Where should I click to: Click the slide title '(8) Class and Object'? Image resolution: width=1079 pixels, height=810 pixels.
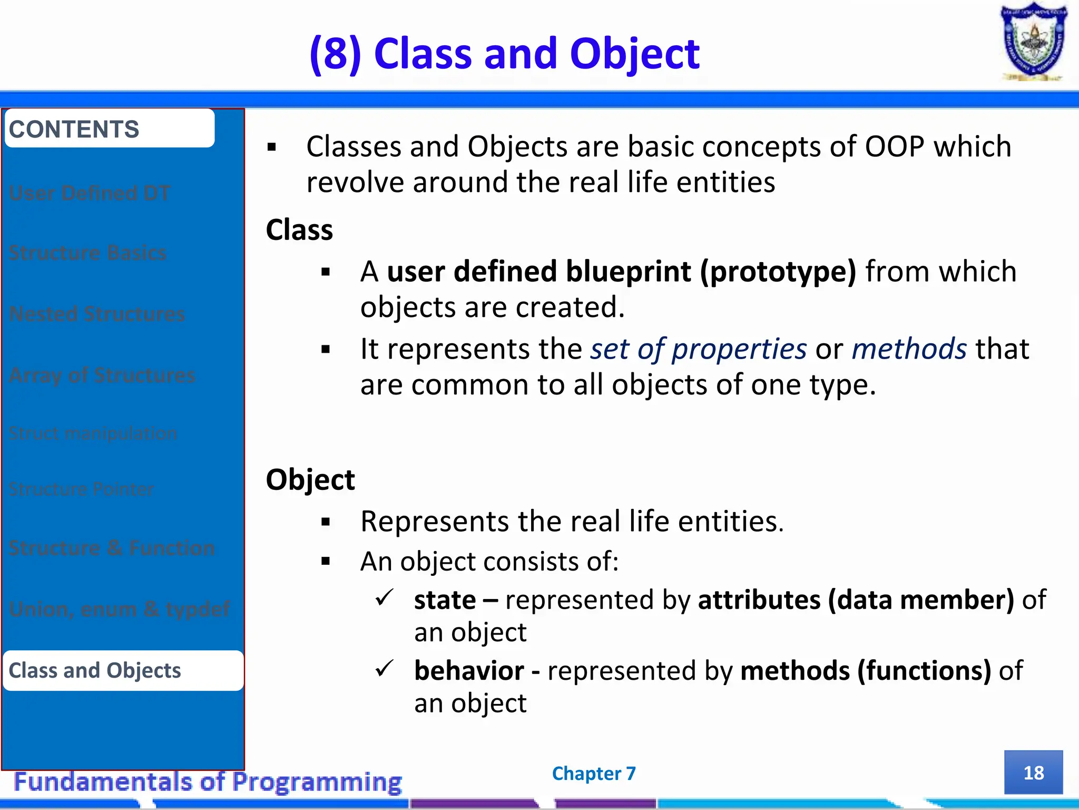coord(505,54)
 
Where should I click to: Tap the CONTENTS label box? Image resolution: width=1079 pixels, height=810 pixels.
coord(110,129)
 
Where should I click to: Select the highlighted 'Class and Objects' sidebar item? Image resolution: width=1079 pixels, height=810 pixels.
coord(122,670)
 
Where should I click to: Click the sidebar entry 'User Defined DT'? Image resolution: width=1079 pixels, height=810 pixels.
coord(90,193)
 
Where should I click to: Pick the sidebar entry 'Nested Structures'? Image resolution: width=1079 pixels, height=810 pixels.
coord(97,314)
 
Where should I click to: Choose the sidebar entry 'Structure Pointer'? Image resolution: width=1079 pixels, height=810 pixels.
coord(82,489)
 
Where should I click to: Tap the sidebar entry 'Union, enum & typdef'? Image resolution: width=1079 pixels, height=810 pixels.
coord(119,609)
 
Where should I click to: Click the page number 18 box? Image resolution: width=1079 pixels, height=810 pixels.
coord(1033,773)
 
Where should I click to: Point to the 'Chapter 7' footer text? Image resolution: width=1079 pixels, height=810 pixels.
coord(594,773)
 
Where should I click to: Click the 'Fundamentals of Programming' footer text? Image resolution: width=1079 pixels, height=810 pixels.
coord(208,782)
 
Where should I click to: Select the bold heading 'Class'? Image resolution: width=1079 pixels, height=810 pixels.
coord(299,230)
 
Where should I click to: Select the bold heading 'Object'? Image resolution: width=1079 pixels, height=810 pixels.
coord(310,479)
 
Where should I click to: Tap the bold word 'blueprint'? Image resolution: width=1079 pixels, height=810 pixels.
coord(628,271)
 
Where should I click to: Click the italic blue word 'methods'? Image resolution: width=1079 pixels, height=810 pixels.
coord(909,349)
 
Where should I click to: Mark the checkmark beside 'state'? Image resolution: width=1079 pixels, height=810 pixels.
coord(384,597)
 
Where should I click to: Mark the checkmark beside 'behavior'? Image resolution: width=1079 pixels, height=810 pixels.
coord(384,668)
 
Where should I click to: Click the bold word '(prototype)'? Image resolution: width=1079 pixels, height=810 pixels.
coord(778,271)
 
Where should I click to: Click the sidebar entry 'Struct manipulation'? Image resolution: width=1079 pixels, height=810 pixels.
coord(93,433)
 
